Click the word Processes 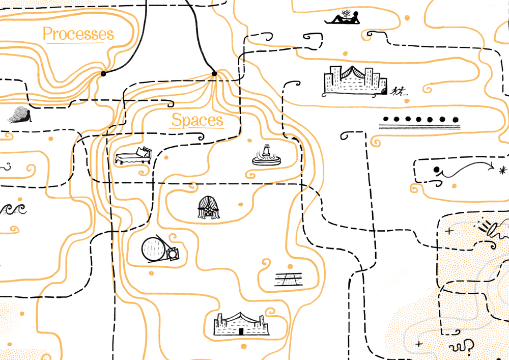[78, 34]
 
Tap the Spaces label [197, 120]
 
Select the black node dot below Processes [103, 74]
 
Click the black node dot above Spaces [214, 74]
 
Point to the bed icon [133, 156]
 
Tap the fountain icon [266, 155]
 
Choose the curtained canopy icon [209, 208]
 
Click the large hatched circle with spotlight [155, 249]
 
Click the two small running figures [398, 92]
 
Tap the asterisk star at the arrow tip [503, 170]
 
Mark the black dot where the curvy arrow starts [436, 170]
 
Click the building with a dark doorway [241, 324]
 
